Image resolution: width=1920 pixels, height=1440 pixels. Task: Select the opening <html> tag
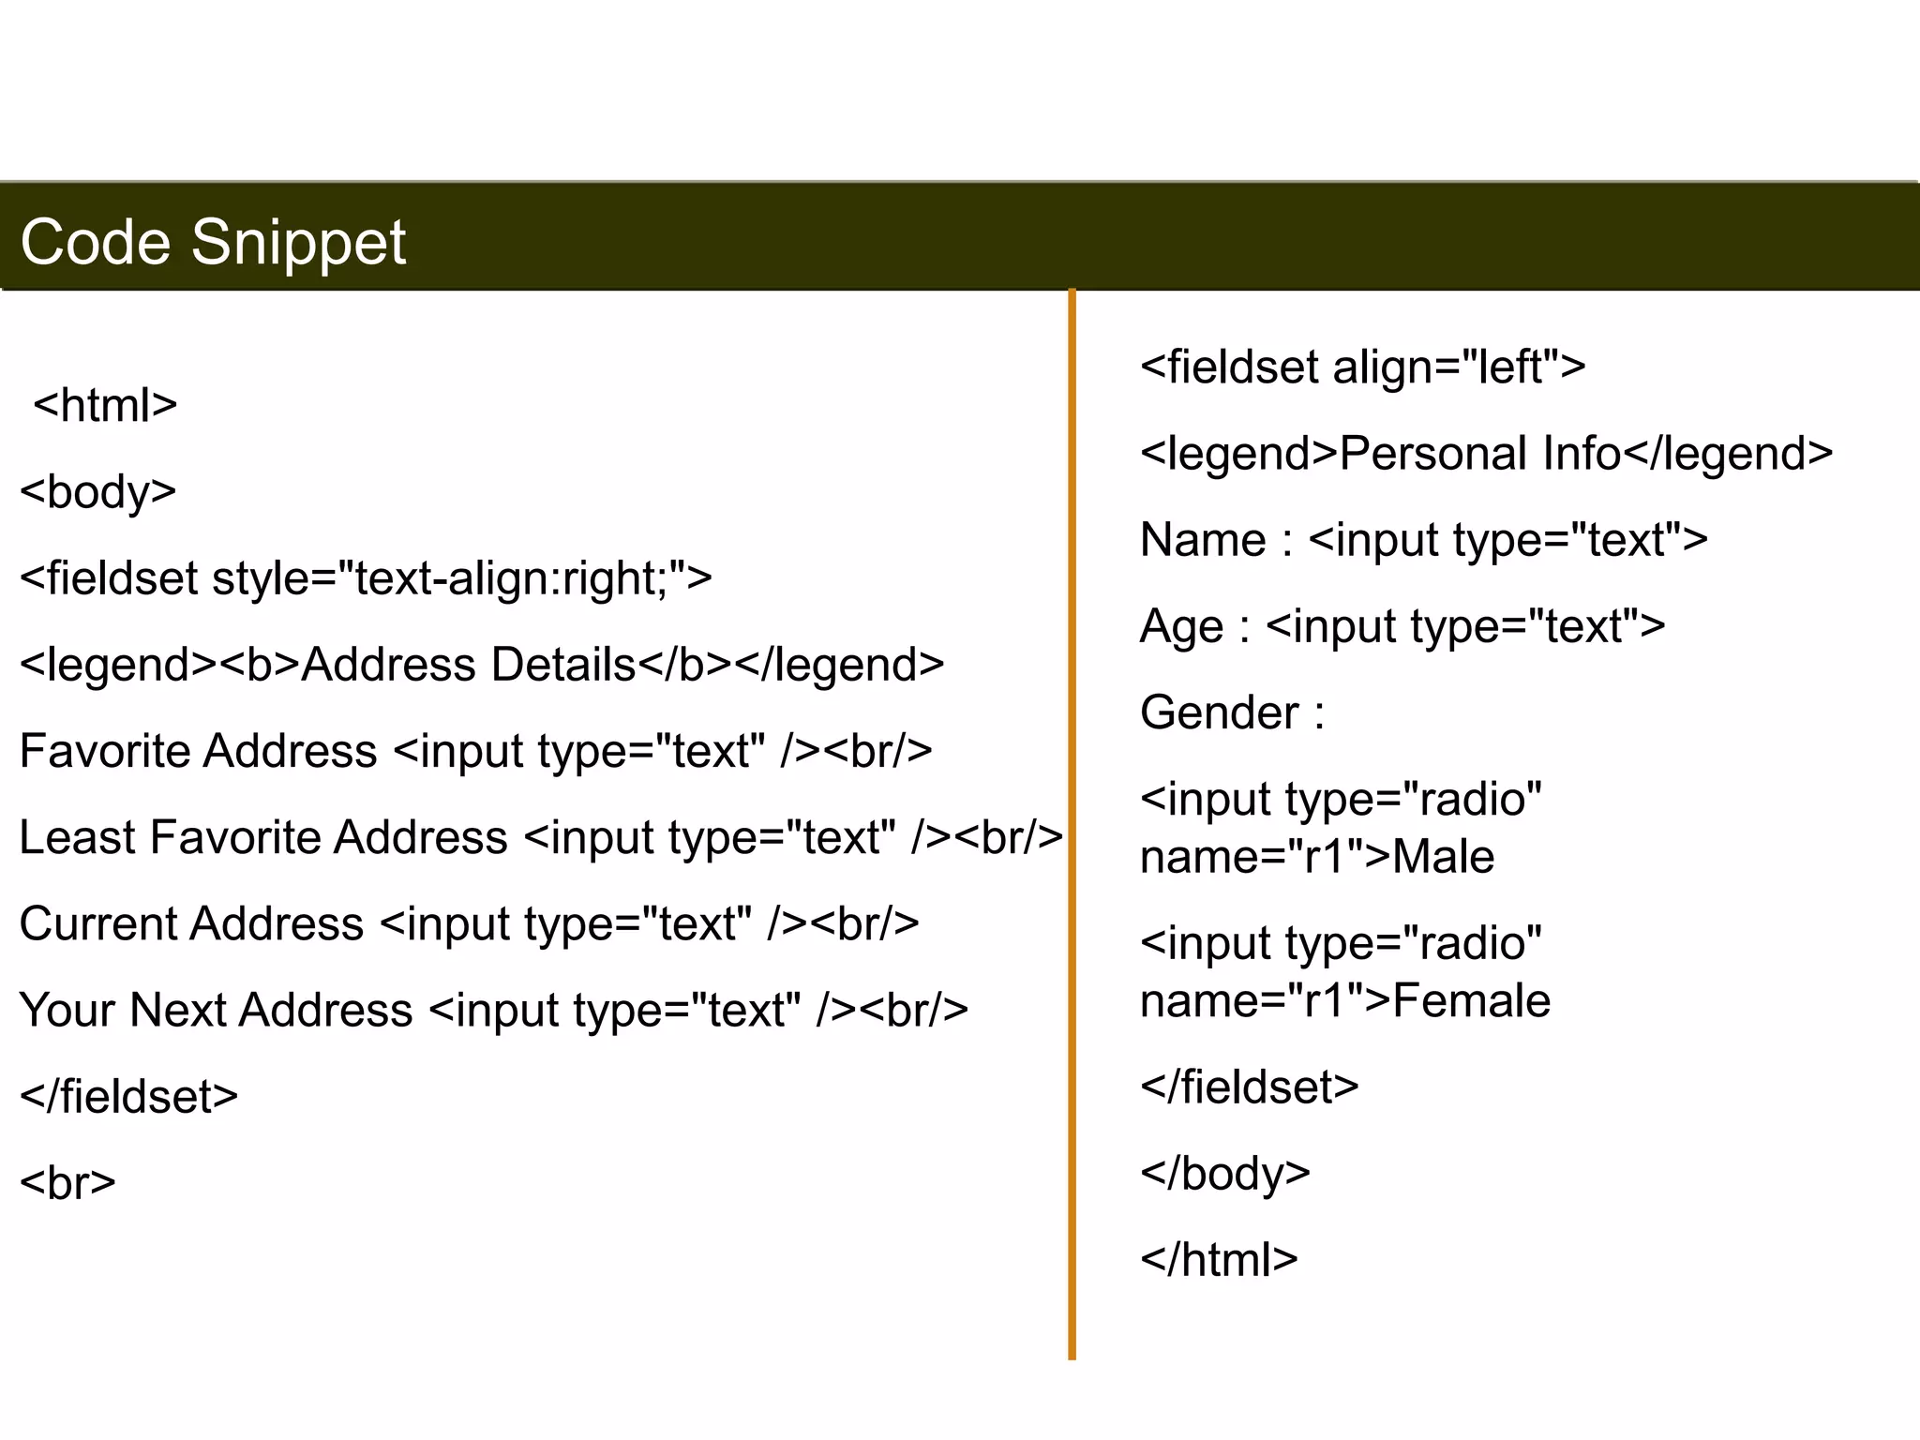coord(105,406)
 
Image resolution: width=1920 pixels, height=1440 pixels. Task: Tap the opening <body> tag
coord(98,492)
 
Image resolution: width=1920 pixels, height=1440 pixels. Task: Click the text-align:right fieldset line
coord(366,578)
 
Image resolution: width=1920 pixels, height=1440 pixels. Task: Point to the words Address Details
coord(469,665)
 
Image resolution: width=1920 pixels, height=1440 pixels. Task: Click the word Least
coord(78,837)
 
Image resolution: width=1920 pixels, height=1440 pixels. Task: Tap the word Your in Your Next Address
coord(67,1011)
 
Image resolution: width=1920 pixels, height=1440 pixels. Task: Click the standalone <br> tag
coord(67,1183)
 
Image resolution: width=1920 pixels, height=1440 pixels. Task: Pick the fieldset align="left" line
coord(1362,367)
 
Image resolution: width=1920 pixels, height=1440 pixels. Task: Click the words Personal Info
coord(1479,454)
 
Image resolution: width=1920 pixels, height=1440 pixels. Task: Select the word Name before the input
coord(1203,540)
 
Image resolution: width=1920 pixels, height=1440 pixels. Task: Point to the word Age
coord(1181,626)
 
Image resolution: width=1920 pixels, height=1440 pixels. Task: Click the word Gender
coord(1219,712)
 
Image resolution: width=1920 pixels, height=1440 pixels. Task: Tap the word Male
coord(1443,857)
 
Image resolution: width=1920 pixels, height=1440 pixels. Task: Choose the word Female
coord(1471,1001)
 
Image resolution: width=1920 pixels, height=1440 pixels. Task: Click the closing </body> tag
coord(1224,1174)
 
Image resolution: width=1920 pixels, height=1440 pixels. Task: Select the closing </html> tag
coord(1219,1260)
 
